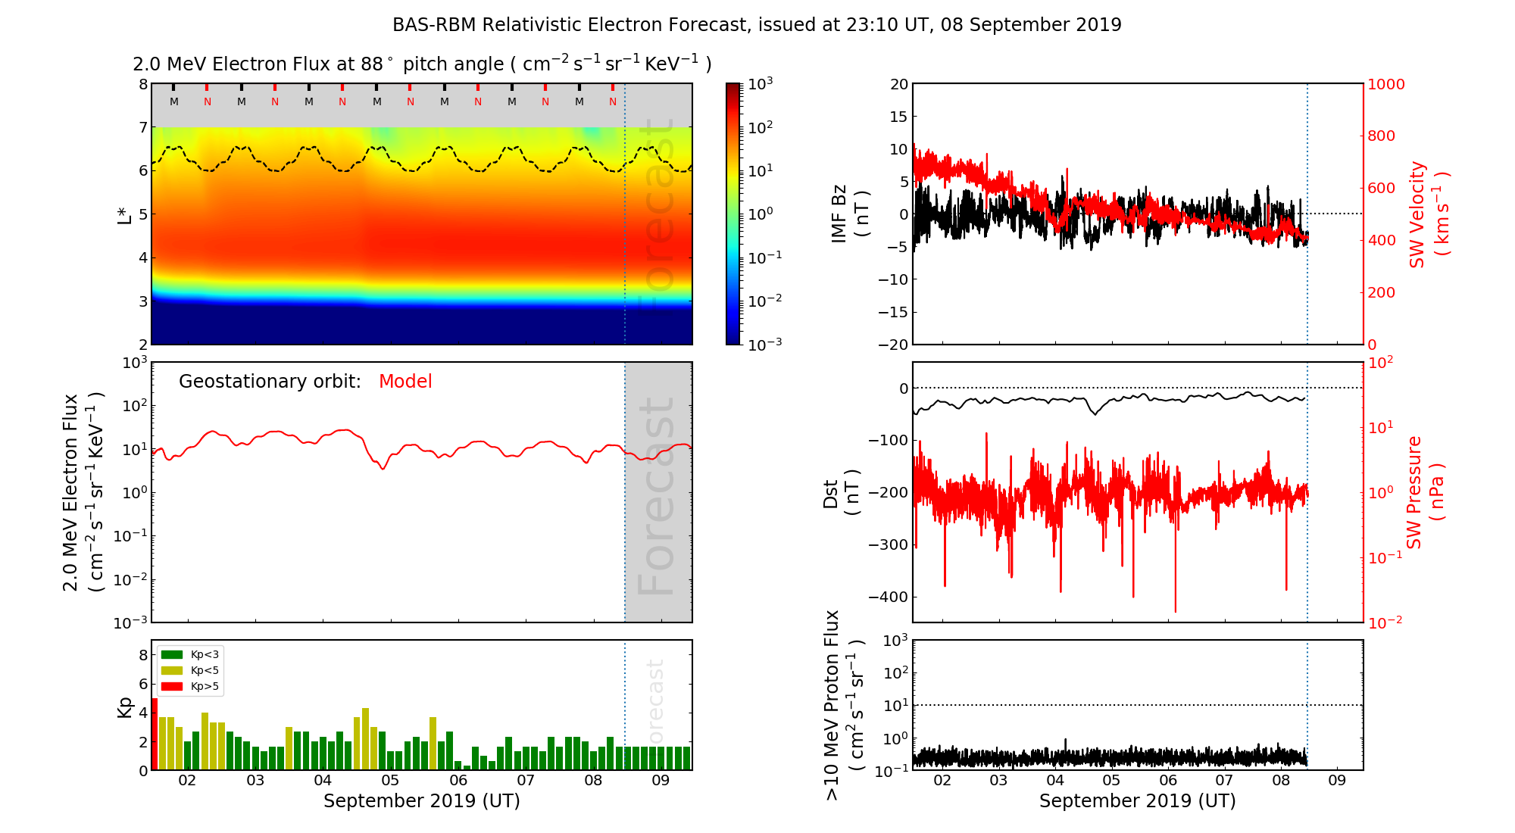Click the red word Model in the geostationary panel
tap(405, 382)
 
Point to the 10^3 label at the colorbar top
tap(761, 84)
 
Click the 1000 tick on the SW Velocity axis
tap(1385, 84)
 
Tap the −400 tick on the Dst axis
tap(888, 597)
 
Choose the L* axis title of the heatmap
tap(124, 214)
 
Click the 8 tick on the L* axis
tap(143, 84)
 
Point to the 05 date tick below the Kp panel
tap(390, 781)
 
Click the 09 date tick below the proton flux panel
tap(1337, 781)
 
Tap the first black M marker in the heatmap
tap(174, 101)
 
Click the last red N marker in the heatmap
tap(613, 101)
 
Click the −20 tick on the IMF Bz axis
tap(893, 345)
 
